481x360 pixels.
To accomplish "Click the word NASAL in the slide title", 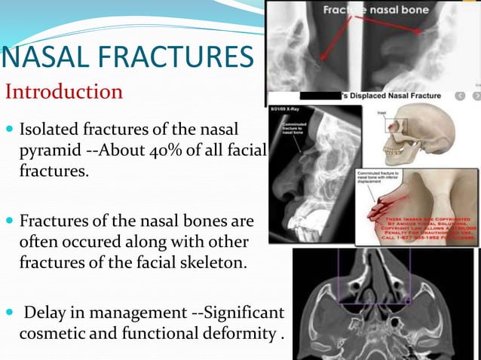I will click(x=41, y=58).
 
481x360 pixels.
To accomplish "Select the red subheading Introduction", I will click(x=64, y=92).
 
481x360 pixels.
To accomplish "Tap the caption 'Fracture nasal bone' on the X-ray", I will click(x=376, y=11).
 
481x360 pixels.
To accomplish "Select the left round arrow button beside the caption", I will click(x=460, y=96).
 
